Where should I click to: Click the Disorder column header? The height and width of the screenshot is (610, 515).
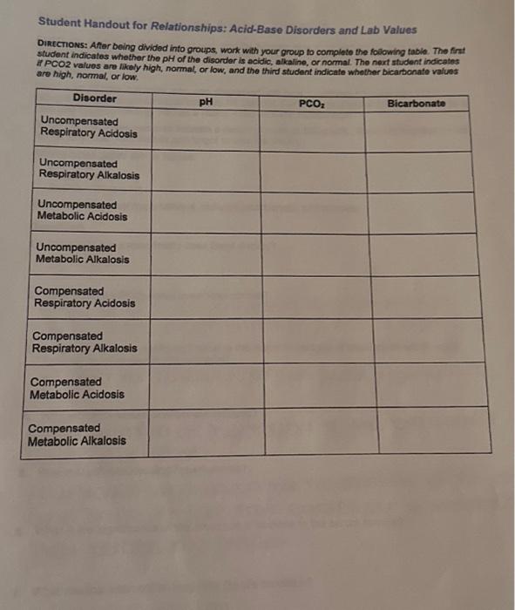click(x=95, y=98)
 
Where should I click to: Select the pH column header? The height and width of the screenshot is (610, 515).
click(x=206, y=100)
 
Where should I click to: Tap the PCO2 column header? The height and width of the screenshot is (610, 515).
click(x=311, y=102)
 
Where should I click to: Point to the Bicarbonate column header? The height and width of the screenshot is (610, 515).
click(x=416, y=104)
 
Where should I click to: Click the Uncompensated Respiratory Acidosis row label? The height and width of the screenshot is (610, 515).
click(x=88, y=127)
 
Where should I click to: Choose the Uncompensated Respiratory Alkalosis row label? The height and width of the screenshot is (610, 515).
click(x=88, y=169)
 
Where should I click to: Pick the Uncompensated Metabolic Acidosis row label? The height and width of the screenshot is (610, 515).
click(x=82, y=211)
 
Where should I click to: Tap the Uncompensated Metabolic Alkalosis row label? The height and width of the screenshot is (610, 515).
click(x=82, y=254)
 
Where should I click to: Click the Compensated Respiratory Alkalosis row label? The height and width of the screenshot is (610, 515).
click(x=84, y=342)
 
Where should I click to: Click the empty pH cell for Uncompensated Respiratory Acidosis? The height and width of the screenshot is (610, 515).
click(x=205, y=131)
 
